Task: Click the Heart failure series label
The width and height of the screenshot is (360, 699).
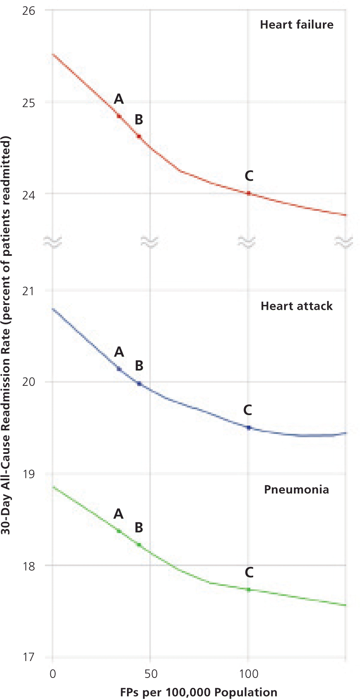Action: tap(296, 25)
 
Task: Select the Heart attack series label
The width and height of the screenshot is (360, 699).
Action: tap(296, 306)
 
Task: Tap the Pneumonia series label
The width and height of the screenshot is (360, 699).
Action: tap(296, 490)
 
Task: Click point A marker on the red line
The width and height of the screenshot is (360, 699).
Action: tap(119, 116)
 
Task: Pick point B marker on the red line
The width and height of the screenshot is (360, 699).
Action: tap(139, 136)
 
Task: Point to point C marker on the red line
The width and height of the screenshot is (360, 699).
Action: tap(249, 193)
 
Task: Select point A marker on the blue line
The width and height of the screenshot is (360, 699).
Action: tap(119, 369)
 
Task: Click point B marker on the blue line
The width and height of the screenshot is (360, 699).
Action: tap(139, 384)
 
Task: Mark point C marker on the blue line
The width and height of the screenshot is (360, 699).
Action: tap(249, 428)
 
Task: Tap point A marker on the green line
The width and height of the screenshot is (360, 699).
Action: tap(119, 531)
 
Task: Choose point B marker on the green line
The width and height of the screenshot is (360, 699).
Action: tap(139, 545)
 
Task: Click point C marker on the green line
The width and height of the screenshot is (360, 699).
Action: tap(249, 590)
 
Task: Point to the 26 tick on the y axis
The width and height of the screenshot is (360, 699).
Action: tap(28, 11)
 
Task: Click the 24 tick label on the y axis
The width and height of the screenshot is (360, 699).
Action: tap(28, 194)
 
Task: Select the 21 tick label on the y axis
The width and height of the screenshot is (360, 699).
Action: tap(28, 291)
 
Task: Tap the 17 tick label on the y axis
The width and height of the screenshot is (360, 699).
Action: tap(28, 657)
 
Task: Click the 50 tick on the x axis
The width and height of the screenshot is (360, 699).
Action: tap(151, 674)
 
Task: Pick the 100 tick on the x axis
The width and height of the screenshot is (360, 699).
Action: tap(249, 674)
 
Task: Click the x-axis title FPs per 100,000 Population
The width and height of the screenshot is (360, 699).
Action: tap(199, 692)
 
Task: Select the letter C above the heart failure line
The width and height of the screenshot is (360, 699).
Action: tap(249, 176)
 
